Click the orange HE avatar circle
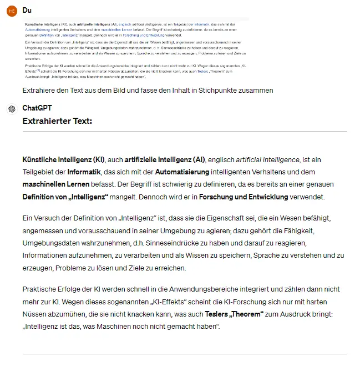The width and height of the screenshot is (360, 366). click(x=12, y=11)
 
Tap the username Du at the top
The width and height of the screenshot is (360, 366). click(x=27, y=10)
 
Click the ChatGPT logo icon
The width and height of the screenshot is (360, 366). click(x=12, y=109)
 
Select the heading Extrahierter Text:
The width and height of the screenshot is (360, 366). click(x=57, y=121)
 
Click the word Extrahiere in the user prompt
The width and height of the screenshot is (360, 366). click(x=40, y=90)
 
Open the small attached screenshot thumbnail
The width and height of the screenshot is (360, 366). click(x=136, y=49)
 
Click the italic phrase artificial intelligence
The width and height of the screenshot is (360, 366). click(x=268, y=159)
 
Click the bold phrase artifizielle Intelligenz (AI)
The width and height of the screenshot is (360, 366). click(x=165, y=159)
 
